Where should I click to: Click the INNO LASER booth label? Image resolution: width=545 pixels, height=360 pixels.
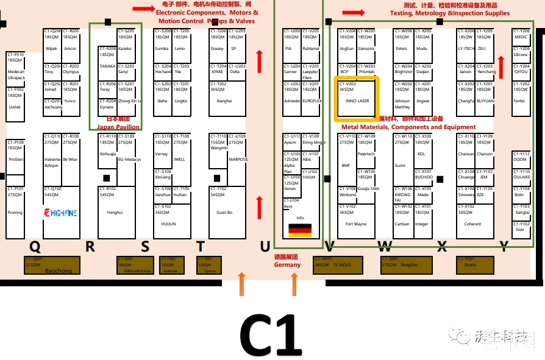[357, 101]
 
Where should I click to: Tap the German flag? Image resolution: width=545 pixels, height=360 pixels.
[299, 230]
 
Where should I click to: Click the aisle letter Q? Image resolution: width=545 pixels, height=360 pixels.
[35, 246]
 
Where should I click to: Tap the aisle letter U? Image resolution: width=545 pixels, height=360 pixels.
[265, 247]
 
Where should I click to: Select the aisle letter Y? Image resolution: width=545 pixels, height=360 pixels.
[504, 246]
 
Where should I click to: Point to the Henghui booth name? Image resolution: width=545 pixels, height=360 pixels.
[115, 213]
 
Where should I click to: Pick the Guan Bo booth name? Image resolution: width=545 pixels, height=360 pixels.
[224, 213]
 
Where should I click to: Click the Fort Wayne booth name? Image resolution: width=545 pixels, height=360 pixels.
[356, 224]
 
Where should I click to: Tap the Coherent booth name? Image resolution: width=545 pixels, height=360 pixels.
[472, 224]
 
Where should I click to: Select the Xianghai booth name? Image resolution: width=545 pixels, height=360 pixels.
[224, 101]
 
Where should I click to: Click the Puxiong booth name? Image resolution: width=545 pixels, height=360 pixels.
[15, 213]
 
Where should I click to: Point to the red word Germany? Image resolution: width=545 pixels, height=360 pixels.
[287, 265]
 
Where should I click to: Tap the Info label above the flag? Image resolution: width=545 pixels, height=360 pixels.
[299, 217]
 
